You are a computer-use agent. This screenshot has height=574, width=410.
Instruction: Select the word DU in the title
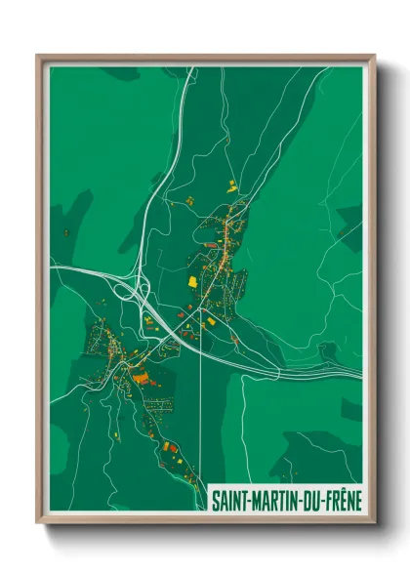[x=313, y=498]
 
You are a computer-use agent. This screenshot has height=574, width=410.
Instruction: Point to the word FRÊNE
[x=342, y=498]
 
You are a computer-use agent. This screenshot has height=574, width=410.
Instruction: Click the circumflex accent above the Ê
[x=341, y=489]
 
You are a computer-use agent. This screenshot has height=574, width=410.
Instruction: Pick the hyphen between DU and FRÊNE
[x=323, y=499]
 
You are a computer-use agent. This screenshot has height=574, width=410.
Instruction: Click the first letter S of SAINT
[x=216, y=498]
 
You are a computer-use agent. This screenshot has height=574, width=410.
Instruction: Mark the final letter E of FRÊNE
[x=356, y=498]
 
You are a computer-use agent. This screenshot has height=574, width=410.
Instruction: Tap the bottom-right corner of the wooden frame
[x=375, y=524]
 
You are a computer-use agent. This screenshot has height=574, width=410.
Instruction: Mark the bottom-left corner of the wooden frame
[x=38, y=524]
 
